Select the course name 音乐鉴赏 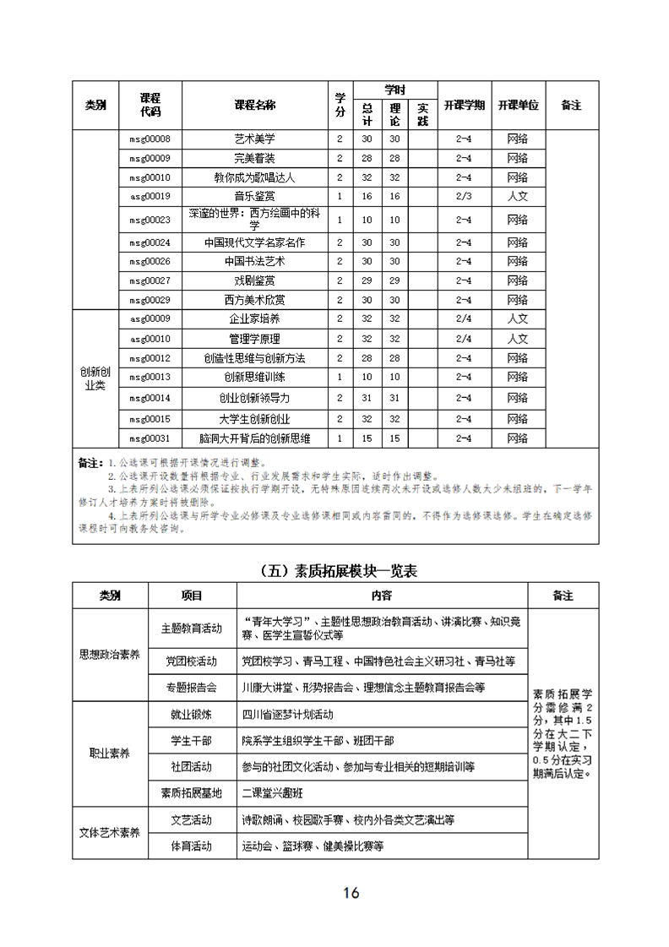click(x=254, y=197)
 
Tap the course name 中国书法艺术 click(x=254, y=261)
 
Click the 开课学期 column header click(x=464, y=106)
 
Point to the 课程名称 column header click(x=254, y=106)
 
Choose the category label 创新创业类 click(x=95, y=378)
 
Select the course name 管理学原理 click(x=254, y=339)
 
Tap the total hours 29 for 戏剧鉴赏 click(x=367, y=280)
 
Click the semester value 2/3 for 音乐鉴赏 click(x=464, y=197)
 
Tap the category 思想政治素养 click(x=110, y=654)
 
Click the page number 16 click(x=351, y=893)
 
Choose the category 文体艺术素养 click(x=110, y=832)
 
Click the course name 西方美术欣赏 click(x=254, y=300)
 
